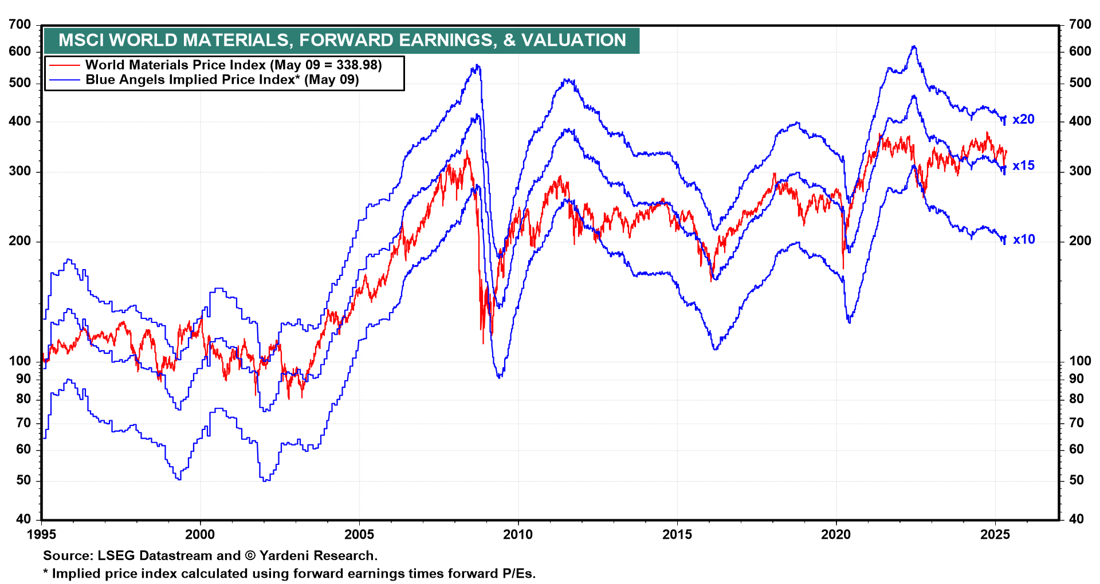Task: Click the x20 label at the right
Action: [1023, 120]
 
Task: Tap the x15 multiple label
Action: [1023, 166]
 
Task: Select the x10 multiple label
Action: [1024, 240]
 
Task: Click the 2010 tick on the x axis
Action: [518, 535]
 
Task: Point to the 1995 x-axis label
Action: [42, 535]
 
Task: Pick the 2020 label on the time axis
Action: [836, 535]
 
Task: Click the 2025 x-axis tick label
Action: [995, 535]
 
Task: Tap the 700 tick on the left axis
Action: [20, 25]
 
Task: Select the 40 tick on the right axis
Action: [1076, 519]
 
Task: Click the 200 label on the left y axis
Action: [20, 241]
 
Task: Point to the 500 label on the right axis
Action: [1080, 83]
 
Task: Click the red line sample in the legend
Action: [65, 65]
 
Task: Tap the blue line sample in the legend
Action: [65, 80]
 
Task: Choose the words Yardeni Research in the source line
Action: [318, 556]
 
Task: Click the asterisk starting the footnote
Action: [46, 573]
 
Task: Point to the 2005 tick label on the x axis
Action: [359, 535]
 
